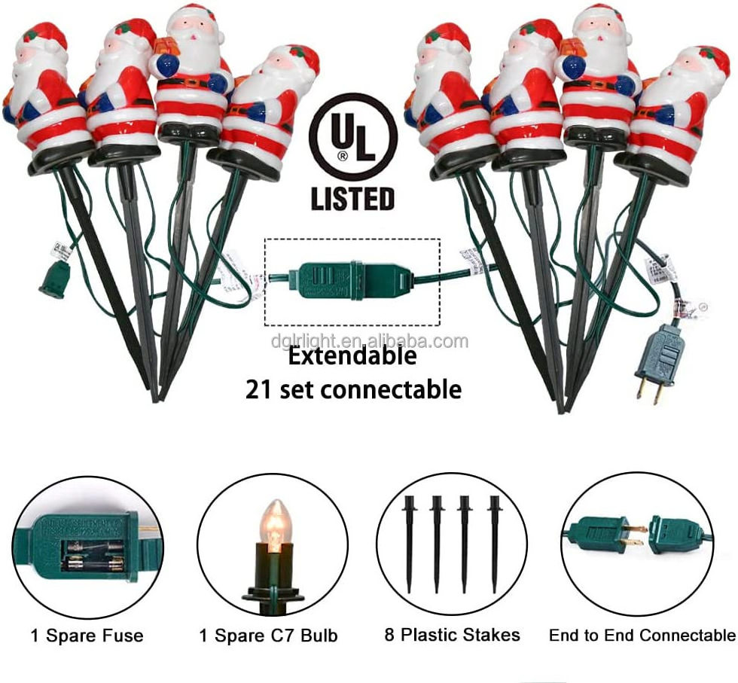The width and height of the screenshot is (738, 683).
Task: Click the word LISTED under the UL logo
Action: point(352,199)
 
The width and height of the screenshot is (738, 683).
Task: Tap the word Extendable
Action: point(352,356)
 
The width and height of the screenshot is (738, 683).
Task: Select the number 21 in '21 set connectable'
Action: point(258,390)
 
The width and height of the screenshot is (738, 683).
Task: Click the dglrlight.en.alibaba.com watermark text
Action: point(370,341)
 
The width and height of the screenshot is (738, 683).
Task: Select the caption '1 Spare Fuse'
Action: point(87,636)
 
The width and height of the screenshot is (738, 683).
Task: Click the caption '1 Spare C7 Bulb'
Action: point(269,636)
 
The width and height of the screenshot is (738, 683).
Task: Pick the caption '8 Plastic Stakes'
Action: point(453,635)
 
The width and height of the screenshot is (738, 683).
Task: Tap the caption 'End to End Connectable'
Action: point(642,636)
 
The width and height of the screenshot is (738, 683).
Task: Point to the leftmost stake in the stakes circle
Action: point(408,544)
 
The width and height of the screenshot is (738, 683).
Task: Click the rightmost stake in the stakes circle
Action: point(494,544)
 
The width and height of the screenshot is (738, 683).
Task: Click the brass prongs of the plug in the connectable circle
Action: point(636,535)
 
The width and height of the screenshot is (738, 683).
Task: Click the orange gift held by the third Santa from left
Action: point(166,47)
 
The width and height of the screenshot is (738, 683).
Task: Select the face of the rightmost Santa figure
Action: point(686,71)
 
